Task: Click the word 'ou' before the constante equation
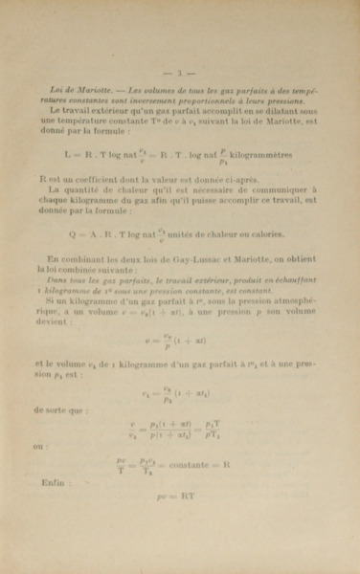tap(38, 444)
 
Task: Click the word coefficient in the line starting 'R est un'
tap(95, 178)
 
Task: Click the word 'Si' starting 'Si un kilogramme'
tap(52, 298)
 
